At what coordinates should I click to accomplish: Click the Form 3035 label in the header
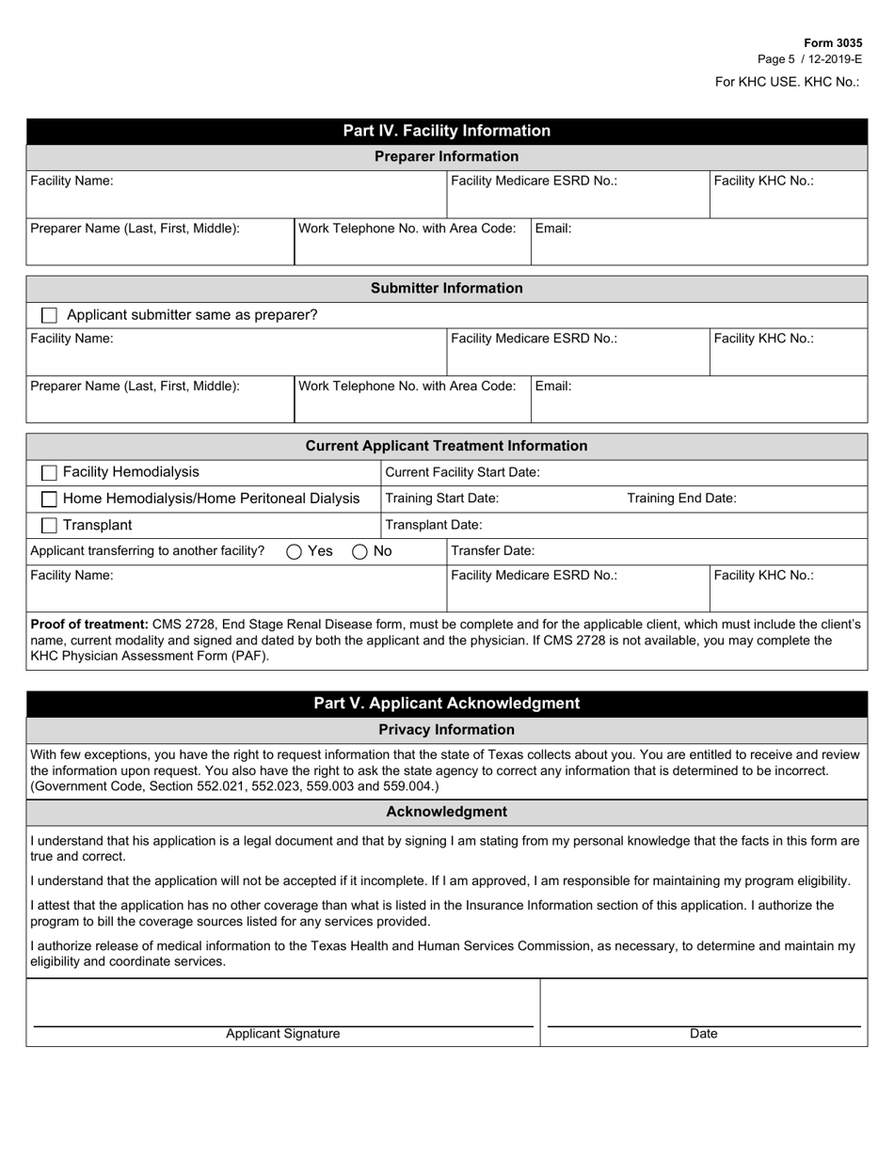(832, 43)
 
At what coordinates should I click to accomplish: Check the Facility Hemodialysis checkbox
(50, 472)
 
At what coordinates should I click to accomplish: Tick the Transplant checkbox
(50, 526)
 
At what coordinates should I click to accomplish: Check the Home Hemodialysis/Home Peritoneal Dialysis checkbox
(50, 499)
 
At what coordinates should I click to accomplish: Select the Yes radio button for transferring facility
(294, 552)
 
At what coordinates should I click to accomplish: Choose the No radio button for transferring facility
(359, 552)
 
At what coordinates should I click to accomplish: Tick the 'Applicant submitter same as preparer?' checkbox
(50, 315)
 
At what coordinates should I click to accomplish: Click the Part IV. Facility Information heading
(446, 131)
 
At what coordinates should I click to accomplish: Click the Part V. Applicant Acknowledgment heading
(446, 704)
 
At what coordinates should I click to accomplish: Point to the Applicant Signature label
(282, 1034)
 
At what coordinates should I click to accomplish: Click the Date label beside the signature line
(703, 1034)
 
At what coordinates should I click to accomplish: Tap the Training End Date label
(681, 499)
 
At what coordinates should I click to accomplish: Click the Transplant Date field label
(434, 525)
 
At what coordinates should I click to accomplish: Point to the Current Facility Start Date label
(463, 472)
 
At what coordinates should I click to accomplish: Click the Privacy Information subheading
(446, 730)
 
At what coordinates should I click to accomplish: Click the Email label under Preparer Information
(553, 229)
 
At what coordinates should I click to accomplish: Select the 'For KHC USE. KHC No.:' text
(787, 82)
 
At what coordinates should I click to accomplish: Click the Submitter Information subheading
(446, 288)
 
